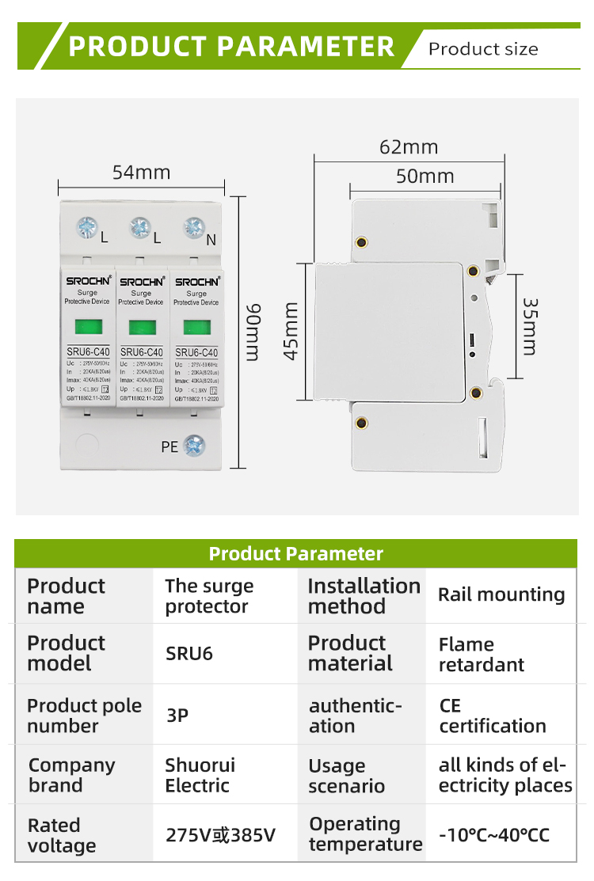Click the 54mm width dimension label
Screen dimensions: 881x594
point(141,172)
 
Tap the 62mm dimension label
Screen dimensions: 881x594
point(408,147)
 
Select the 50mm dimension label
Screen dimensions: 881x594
point(425,176)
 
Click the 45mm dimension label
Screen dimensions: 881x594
point(291,331)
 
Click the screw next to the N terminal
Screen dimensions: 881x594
point(194,228)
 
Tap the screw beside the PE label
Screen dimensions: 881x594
point(194,446)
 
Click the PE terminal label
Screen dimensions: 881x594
point(169,447)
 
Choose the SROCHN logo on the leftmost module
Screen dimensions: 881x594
point(87,281)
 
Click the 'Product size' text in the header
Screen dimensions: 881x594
point(483,49)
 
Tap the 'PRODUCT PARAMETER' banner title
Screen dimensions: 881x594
point(231,46)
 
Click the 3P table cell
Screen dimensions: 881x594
point(177,715)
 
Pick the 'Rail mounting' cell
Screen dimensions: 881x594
point(501,594)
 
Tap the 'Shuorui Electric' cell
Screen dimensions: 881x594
point(200,776)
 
